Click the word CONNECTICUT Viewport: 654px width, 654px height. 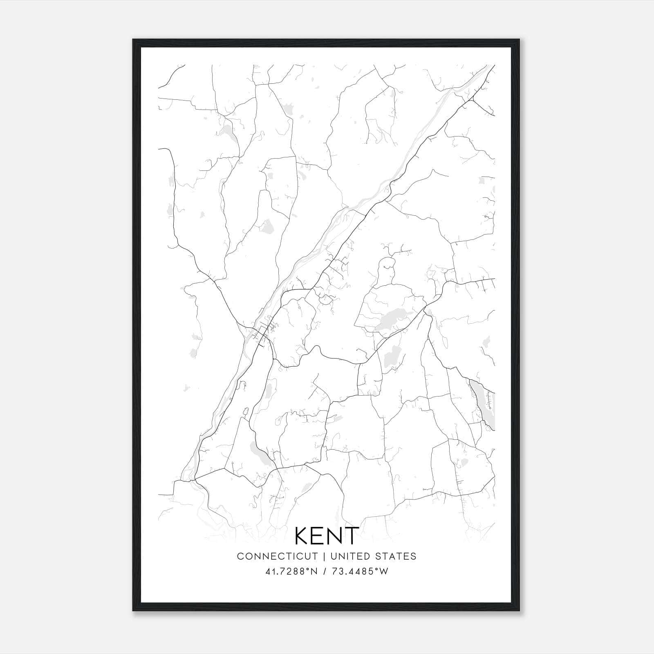277,556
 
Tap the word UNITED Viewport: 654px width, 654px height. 349,556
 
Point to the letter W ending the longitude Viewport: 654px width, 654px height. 383,571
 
